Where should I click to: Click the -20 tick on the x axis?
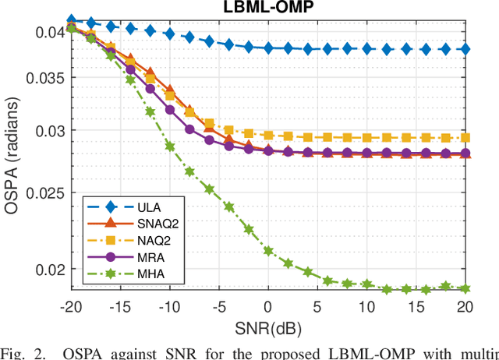[71, 306]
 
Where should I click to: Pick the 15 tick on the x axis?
[416, 306]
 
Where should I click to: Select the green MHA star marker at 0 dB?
[268, 251]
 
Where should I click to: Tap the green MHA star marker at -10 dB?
[169, 146]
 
